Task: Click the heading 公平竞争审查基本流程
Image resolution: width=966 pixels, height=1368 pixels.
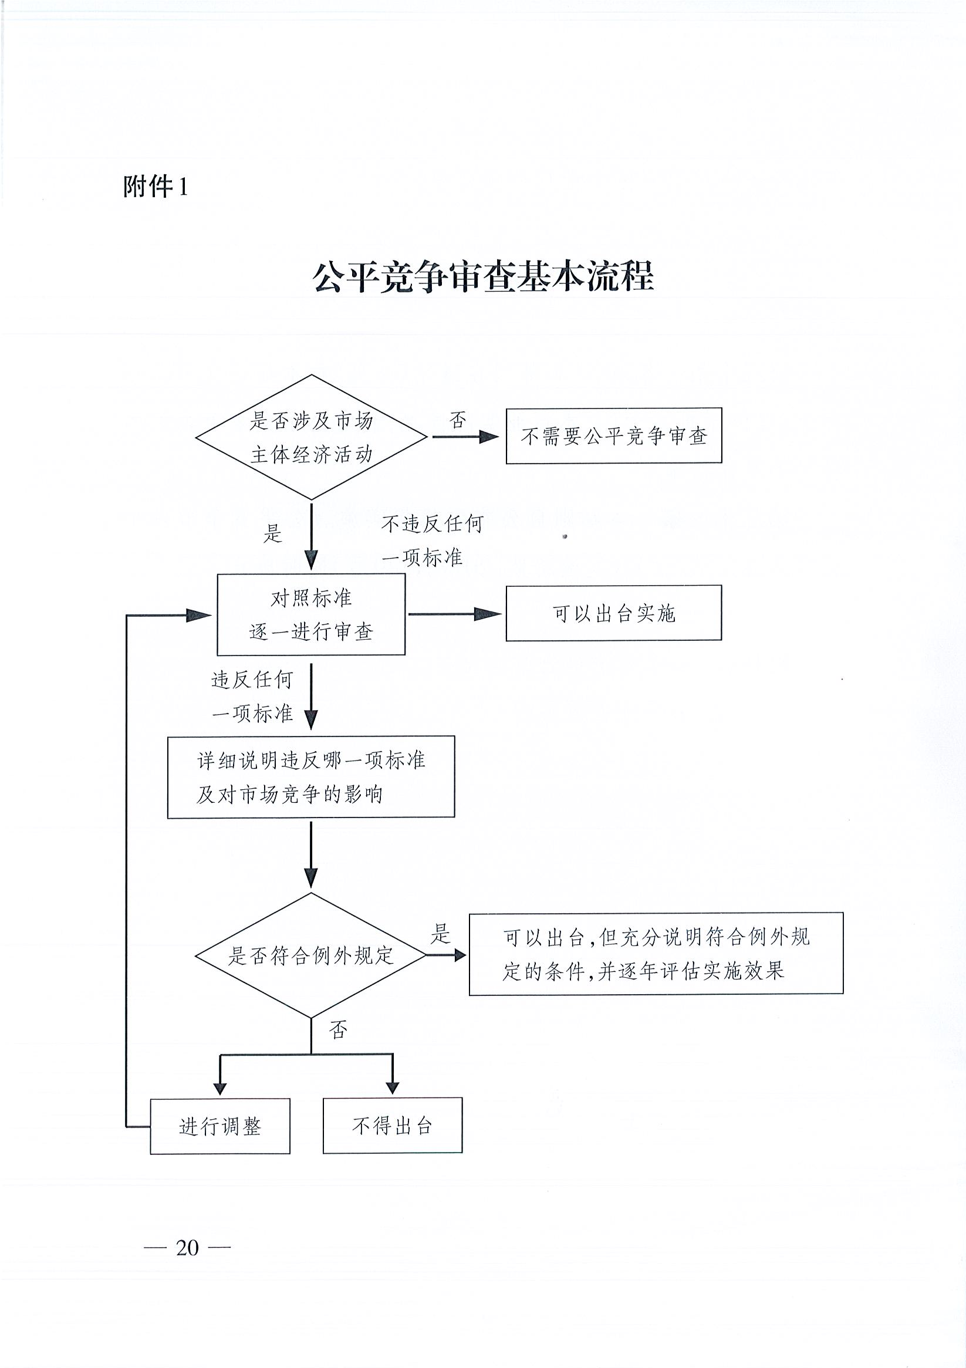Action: pyautogui.click(x=484, y=276)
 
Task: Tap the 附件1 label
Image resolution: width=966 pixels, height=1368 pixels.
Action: pyautogui.click(x=156, y=187)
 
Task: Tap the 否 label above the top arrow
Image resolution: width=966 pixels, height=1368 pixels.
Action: pyautogui.click(x=458, y=420)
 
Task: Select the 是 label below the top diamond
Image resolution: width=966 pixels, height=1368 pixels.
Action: pyautogui.click(x=273, y=533)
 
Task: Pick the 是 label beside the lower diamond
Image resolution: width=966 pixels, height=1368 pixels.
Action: pyautogui.click(x=440, y=934)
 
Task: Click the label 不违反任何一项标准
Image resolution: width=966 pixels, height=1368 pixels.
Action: pyautogui.click(x=432, y=541)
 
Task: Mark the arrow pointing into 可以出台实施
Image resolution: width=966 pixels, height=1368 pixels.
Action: pyautogui.click(x=455, y=614)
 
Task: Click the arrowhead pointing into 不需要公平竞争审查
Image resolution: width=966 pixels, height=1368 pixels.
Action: pyautogui.click(x=489, y=437)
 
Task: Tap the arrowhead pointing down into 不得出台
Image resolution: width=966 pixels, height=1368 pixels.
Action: pyautogui.click(x=392, y=1087)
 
